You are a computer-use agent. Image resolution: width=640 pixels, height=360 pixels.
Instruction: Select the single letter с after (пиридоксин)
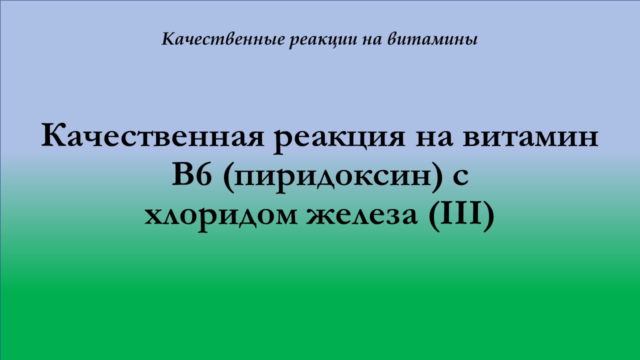(460, 178)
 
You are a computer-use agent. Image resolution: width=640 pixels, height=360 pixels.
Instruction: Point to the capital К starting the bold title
(52, 136)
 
